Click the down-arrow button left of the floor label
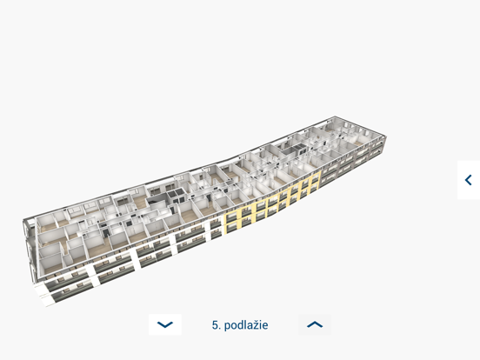click(165, 324)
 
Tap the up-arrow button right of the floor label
click(315, 324)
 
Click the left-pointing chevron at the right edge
click(469, 180)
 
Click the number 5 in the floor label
click(215, 325)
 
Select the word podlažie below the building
click(246, 325)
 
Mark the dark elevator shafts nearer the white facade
click(175, 196)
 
